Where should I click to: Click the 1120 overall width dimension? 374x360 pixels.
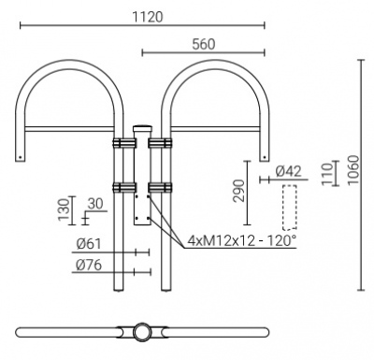(148, 17)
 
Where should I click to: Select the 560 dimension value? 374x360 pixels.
(204, 44)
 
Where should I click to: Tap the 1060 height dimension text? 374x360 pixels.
(352, 170)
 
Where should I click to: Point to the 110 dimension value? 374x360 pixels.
(327, 174)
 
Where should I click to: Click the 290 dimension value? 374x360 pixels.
(239, 191)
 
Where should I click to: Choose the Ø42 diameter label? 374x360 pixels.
(289, 172)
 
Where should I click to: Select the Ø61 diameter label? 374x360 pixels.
(89, 244)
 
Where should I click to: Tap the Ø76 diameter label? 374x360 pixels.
(89, 265)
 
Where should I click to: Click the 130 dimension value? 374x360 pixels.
(65, 210)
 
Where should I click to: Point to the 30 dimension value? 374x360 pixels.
(95, 204)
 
